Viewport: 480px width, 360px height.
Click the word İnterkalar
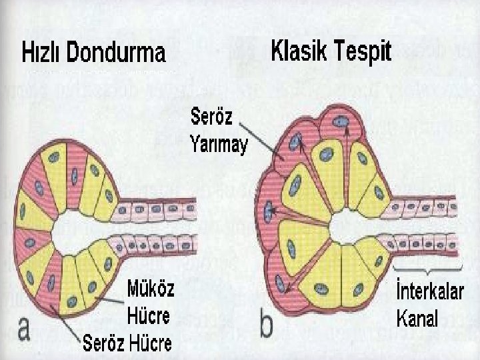pyautogui.click(x=427, y=294)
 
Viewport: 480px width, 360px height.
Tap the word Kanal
pyautogui.click(x=417, y=318)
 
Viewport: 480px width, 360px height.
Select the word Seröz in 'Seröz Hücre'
pyautogui.click(x=105, y=345)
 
